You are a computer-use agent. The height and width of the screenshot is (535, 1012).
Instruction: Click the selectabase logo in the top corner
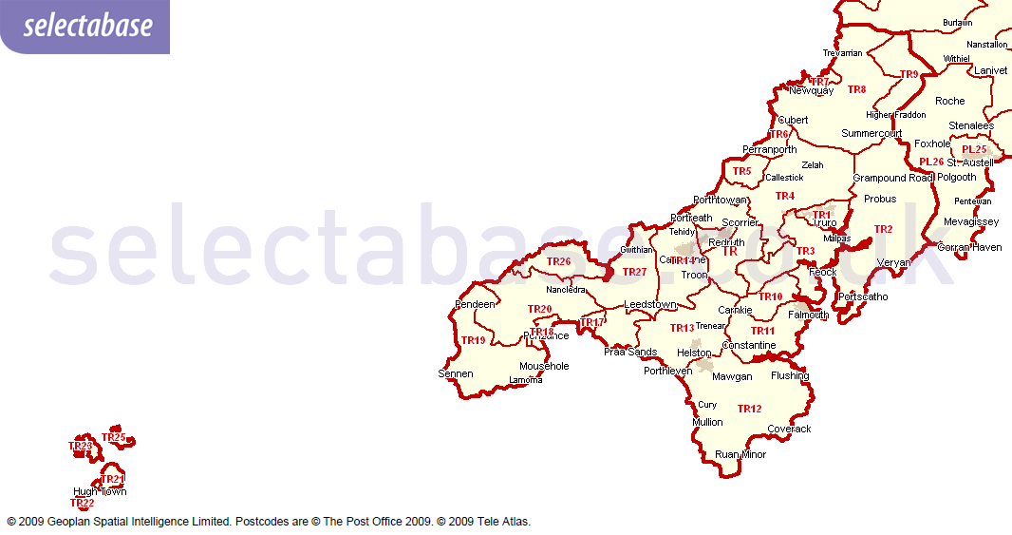point(87,26)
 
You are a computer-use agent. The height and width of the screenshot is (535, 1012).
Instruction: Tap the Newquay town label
point(811,91)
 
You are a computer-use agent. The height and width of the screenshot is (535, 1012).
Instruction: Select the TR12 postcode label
point(749,410)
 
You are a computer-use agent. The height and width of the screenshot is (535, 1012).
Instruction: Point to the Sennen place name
point(455,374)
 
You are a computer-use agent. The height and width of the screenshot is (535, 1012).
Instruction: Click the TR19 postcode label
point(473,341)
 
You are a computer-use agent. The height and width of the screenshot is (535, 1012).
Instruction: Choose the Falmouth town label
point(808,315)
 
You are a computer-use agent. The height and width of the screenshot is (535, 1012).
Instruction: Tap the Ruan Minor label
point(740,455)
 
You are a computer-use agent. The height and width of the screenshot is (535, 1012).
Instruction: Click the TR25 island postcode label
point(113,438)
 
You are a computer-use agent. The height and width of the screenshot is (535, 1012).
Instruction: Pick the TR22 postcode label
point(83,504)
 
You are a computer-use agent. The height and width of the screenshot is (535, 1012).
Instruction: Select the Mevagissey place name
point(971,222)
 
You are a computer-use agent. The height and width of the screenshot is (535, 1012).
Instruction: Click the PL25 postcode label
point(974,150)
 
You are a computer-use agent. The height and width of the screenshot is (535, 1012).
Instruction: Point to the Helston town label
point(694,353)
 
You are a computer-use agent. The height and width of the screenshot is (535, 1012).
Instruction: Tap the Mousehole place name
point(544,367)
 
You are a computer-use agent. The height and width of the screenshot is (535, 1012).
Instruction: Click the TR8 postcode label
point(856,90)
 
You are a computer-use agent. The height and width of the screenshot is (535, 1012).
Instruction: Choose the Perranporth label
point(769,150)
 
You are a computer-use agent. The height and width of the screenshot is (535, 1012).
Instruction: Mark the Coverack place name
point(789,430)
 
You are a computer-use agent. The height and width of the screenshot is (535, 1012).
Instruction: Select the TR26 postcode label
point(559,262)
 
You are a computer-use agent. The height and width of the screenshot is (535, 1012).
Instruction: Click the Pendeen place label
point(476,305)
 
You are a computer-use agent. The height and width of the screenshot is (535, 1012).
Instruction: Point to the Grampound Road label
point(892,179)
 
